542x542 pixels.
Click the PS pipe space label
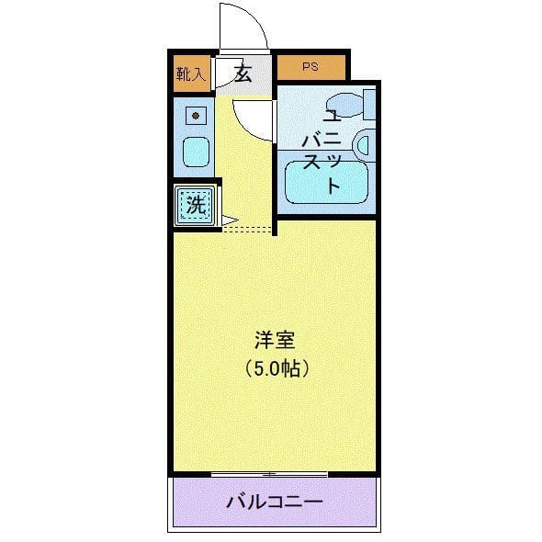311,67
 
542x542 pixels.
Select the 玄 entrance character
243,73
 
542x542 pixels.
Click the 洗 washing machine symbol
196,205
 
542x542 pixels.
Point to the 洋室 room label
274,341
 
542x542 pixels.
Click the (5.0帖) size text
275,368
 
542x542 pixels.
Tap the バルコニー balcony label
274,503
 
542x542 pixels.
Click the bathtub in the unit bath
326,182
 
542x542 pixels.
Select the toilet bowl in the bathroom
344,103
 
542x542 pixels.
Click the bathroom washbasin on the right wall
363,144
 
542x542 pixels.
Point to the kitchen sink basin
196,152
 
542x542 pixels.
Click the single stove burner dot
194,115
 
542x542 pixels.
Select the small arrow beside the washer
228,220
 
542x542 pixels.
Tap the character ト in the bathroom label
332,185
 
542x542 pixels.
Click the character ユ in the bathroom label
332,117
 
